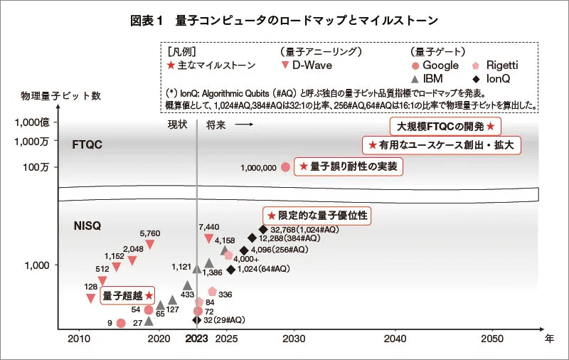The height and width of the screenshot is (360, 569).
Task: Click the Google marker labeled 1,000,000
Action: (x=286, y=167)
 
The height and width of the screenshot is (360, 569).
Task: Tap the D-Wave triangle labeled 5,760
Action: (x=149, y=244)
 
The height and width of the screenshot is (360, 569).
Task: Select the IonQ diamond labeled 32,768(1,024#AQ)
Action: (x=263, y=229)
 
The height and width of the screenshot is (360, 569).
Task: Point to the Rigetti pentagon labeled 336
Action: (x=212, y=291)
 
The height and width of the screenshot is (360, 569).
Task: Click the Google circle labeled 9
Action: (x=121, y=323)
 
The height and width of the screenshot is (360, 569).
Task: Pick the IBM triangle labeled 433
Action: (x=187, y=285)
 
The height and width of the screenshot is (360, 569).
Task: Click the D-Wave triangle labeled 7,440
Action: (x=208, y=238)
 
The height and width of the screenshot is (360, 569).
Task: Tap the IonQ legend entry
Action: (x=491, y=79)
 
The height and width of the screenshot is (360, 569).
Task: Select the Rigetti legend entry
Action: (x=494, y=65)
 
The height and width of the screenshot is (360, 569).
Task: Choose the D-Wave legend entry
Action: (x=307, y=65)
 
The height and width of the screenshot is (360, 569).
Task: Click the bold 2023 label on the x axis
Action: (x=196, y=339)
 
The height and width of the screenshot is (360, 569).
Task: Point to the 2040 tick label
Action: (x=395, y=339)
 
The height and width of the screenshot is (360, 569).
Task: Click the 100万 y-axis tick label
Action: (x=36, y=167)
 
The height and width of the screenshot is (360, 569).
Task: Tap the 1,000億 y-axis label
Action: (x=32, y=122)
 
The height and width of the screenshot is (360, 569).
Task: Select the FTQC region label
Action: (x=87, y=144)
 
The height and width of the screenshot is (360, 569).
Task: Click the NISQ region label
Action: (x=87, y=226)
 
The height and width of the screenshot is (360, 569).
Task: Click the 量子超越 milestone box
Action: (x=127, y=295)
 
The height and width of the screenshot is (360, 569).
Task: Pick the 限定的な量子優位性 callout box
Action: (x=317, y=216)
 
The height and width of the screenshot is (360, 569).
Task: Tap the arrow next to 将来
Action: (x=244, y=125)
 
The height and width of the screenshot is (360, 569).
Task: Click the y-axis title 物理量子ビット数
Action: (x=60, y=96)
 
